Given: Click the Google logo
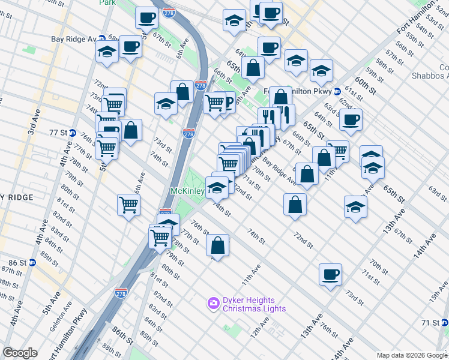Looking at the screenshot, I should (x=20, y=353).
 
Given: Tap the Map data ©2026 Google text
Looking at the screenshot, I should (x=412, y=355).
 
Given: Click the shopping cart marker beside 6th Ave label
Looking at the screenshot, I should (x=128, y=205).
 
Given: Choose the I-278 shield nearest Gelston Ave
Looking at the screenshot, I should (x=121, y=292).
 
